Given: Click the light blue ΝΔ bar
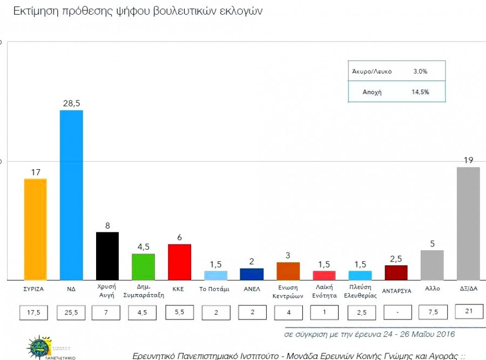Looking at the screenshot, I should pyautogui.click(x=71, y=195).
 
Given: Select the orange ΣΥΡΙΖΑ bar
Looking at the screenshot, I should pyautogui.click(x=35, y=229).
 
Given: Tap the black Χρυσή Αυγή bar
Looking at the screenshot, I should pyautogui.click(x=107, y=256).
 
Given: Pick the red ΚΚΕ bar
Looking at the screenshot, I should pyautogui.click(x=180, y=262).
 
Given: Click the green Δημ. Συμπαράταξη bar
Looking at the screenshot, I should pyautogui.click(x=143, y=266).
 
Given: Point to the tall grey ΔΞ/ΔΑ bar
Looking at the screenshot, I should pyautogui.click(x=468, y=223).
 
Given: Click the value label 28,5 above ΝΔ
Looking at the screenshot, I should pyautogui.click(x=71, y=102).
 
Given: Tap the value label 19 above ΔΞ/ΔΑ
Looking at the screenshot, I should pyautogui.click(x=468, y=159).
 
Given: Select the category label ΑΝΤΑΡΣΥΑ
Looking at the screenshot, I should pyautogui.click(x=396, y=290).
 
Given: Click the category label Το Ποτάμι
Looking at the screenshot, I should pyautogui.click(x=214, y=289).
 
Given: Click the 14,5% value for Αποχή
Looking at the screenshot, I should pyautogui.click(x=420, y=92).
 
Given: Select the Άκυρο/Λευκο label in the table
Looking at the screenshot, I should pyautogui.click(x=372, y=71).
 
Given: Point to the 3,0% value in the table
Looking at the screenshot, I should pyautogui.click(x=420, y=71).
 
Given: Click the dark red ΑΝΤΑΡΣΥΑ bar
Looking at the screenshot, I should pyautogui.click(x=396, y=272).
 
